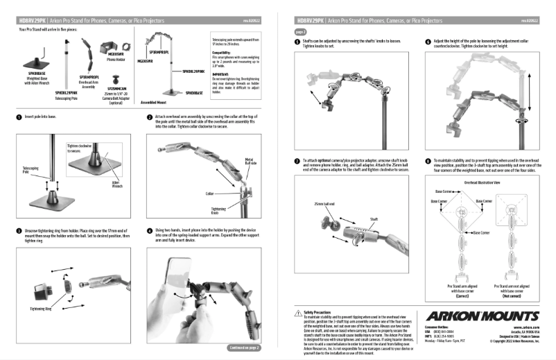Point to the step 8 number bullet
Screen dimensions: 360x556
click(428, 160)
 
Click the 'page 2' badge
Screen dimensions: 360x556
click(301, 32)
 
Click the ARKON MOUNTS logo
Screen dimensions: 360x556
click(482, 316)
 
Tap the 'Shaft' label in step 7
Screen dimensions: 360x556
click(373, 218)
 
